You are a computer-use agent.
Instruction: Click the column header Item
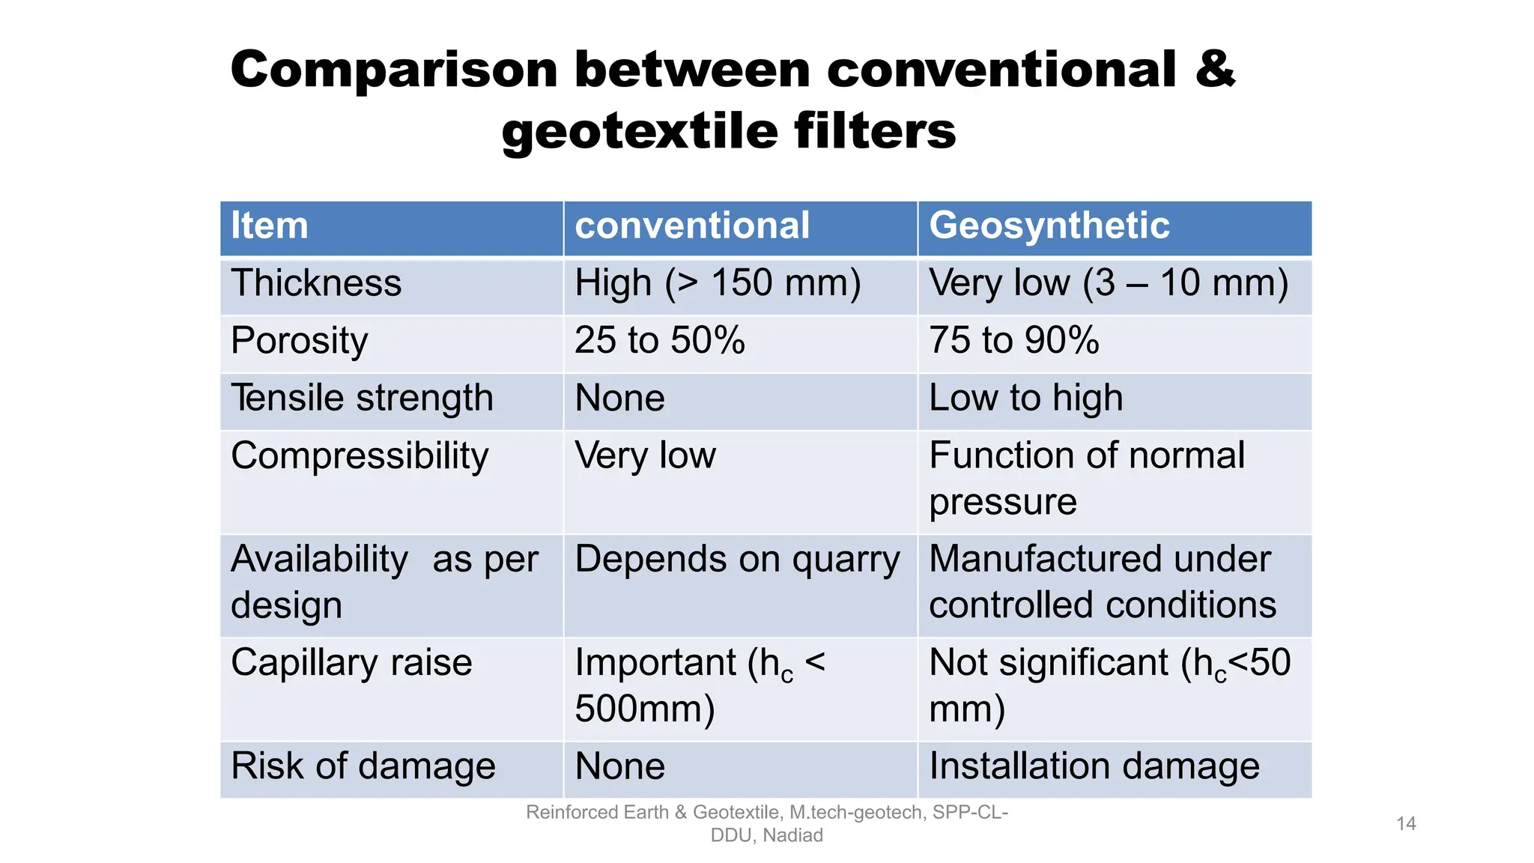coord(270,226)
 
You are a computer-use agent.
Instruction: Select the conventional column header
coord(692,226)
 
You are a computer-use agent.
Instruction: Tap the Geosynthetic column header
coord(1049,226)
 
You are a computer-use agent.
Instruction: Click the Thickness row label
coord(316,284)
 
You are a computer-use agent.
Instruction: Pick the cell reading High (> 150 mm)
coord(718,284)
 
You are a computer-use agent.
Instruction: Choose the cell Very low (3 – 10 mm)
coord(1109,284)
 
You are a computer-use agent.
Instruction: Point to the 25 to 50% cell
coord(660,341)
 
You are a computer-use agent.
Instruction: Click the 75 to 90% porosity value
coord(1014,341)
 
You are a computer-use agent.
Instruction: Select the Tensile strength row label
coord(363,399)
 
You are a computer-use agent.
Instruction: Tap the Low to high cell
coord(1026,399)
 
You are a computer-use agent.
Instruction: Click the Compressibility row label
coord(360,456)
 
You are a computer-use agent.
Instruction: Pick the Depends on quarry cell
coord(737,560)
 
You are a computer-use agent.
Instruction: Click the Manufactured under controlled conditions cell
coord(1102,582)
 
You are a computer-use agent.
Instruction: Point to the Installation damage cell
coord(1094,767)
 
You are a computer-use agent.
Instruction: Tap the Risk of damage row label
coord(363,767)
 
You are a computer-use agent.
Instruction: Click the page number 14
coord(1406,824)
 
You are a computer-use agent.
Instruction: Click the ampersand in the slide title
coord(1214,70)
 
